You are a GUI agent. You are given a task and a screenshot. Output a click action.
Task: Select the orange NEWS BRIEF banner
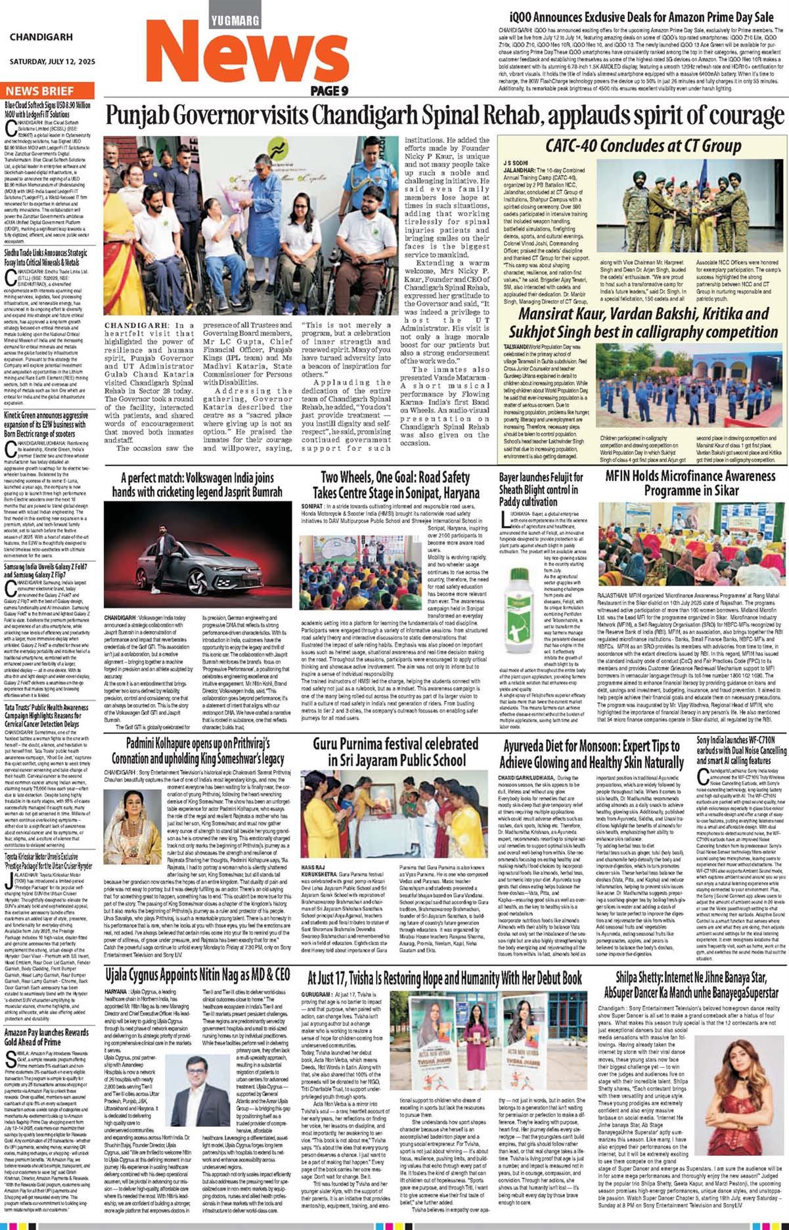(40, 91)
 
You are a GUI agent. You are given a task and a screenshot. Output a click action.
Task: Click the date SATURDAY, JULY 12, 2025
(52, 62)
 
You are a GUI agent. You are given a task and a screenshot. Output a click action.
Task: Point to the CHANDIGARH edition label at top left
(41, 37)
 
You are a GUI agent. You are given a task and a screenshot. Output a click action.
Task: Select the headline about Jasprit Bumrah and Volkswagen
(197, 484)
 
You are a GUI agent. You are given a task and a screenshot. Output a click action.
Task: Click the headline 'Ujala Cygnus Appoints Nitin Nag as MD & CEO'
(198, 975)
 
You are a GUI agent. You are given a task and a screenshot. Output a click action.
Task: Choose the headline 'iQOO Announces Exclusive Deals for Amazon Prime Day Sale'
(642, 16)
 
